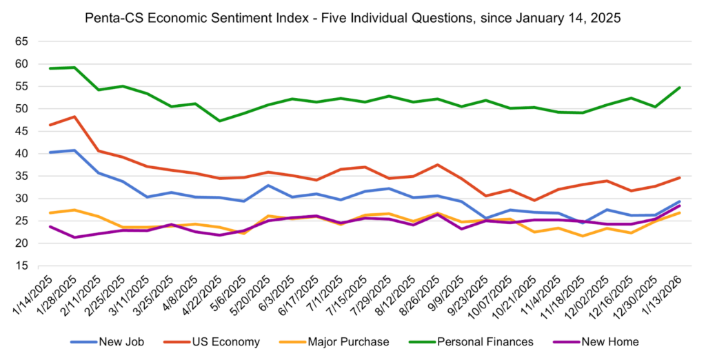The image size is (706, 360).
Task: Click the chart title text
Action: (x=353, y=18)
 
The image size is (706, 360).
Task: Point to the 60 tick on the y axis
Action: (x=21, y=64)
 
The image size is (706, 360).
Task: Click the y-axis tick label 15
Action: (x=21, y=266)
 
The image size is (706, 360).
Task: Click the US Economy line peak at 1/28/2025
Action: (x=74, y=117)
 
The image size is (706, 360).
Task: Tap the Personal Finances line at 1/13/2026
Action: (x=679, y=88)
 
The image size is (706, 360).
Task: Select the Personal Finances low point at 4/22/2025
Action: (x=219, y=121)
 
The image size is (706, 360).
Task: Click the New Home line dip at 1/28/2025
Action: (x=74, y=237)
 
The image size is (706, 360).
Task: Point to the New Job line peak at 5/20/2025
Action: (x=268, y=185)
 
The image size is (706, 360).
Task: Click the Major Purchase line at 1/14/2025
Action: (x=50, y=212)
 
